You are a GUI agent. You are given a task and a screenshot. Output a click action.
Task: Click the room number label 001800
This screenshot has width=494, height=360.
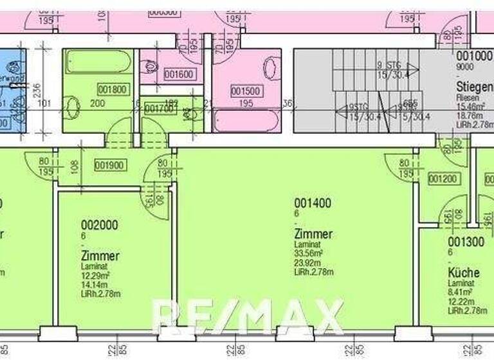pos(112,90)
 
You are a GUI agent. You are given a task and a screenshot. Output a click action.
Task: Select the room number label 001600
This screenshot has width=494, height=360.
pos(179,75)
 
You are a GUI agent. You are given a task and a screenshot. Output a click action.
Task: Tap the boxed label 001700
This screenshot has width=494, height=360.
pos(158,109)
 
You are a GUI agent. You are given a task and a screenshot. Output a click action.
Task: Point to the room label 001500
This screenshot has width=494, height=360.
pos(246,91)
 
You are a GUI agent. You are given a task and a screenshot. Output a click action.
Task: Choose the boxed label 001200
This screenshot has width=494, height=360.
pos(443,179)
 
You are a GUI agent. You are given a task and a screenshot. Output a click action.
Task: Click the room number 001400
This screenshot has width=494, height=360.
pos(313,204)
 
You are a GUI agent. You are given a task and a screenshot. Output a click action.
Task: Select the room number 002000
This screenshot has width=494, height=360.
pos(100,225)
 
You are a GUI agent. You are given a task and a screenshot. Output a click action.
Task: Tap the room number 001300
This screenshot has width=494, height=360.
pos(466,242)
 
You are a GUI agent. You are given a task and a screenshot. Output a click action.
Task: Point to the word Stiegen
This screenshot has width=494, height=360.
pos(474,86)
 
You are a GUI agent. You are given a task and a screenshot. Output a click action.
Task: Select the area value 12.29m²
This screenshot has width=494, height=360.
pos(96,276)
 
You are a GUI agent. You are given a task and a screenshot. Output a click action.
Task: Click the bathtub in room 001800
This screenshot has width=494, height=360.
pos(98,62)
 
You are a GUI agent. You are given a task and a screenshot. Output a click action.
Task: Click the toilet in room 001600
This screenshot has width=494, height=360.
pos(151,66)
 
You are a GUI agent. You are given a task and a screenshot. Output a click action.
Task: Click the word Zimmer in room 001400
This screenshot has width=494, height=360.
pos(313,234)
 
